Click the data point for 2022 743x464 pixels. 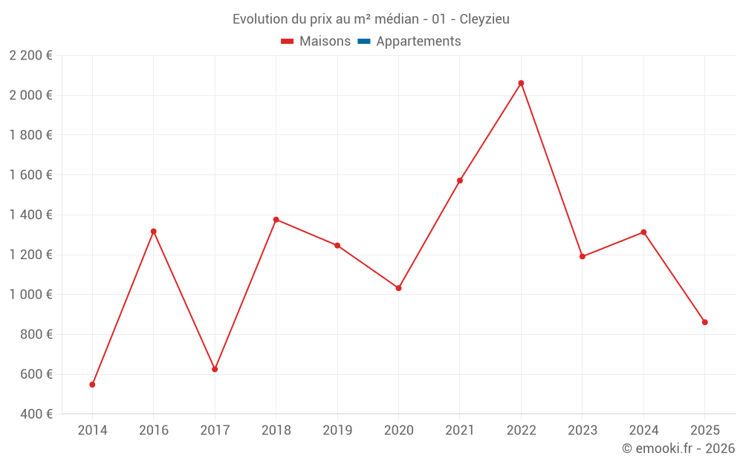click(521, 83)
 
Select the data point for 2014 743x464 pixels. click(92, 385)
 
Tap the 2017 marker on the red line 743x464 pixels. click(215, 369)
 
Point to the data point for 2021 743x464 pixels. click(460, 180)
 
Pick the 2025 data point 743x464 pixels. click(704, 322)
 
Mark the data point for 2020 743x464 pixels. click(398, 288)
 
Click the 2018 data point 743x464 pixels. click(276, 220)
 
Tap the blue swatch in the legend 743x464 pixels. click(363, 42)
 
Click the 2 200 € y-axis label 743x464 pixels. click(31, 55)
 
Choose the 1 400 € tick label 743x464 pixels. click(31, 215)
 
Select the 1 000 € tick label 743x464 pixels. click(31, 295)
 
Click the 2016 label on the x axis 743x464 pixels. click(154, 431)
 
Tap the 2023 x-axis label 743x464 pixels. click(583, 431)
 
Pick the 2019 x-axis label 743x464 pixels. click(337, 431)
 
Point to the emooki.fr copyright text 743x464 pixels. click(678, 448)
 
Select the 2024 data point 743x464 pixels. click(643, 232)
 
